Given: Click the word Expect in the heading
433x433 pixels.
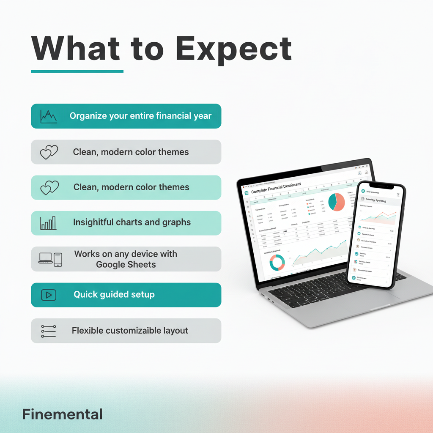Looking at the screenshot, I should point(233,49).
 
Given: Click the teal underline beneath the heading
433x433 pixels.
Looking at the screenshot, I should point(77,71).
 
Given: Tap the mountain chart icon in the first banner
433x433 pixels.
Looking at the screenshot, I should point(49,116).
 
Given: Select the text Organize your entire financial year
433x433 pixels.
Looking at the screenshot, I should point(140,116).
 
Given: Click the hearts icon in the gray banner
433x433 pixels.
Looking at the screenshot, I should point(49,152).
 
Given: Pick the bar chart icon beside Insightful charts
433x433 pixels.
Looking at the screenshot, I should point(49,222).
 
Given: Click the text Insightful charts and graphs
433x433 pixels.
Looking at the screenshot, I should point(132,222).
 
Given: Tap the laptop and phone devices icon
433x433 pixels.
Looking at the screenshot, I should point(50,259).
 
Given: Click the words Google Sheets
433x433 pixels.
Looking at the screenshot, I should point(126,265).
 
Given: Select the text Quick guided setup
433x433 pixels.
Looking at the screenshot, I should point(114,295).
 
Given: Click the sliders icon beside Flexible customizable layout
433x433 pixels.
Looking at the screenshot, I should point(49,331).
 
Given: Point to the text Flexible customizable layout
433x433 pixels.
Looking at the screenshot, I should point(130,331).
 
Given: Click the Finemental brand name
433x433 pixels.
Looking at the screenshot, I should point(62,414).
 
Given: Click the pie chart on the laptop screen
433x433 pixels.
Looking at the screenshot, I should point(337,202).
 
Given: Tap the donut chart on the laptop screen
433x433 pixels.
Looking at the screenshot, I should point(277,262).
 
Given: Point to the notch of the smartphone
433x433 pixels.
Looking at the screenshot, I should point(380,186).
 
